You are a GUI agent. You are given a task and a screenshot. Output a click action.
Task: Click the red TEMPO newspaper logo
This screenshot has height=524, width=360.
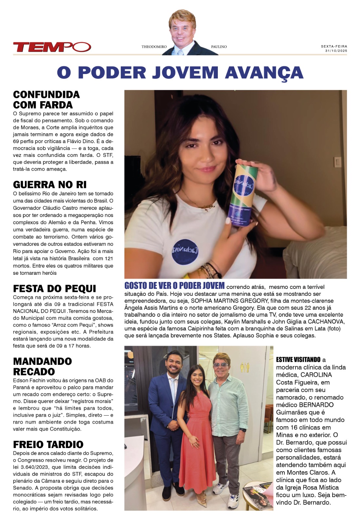tap(52, 47)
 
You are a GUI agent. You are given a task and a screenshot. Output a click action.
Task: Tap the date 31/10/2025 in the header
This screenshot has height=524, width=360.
tap(336, 51)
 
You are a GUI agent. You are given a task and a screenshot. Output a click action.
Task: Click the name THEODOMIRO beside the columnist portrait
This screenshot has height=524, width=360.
tap(154, 47)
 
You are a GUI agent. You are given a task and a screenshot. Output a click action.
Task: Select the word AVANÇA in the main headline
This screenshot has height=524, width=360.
tap(264, 72)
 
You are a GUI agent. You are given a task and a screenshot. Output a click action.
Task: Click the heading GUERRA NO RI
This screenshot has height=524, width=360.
tap(50, 185)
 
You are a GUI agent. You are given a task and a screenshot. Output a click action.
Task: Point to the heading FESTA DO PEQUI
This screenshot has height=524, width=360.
tap(54, 289)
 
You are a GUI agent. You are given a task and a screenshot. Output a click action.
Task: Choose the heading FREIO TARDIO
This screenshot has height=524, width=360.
tap(48, 444)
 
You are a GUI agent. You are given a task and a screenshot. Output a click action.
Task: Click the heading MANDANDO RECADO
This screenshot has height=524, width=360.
tap(42, 366)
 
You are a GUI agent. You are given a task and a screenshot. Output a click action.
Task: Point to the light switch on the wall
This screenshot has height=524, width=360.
tap(337, 162)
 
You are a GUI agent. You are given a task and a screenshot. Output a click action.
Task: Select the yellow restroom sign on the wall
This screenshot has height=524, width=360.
tap(245, 367)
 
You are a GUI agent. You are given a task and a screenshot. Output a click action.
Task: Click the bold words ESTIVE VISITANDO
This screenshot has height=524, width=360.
tap(298, 360)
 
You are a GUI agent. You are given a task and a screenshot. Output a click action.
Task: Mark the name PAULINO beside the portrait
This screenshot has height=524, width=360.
tap(219, 47)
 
